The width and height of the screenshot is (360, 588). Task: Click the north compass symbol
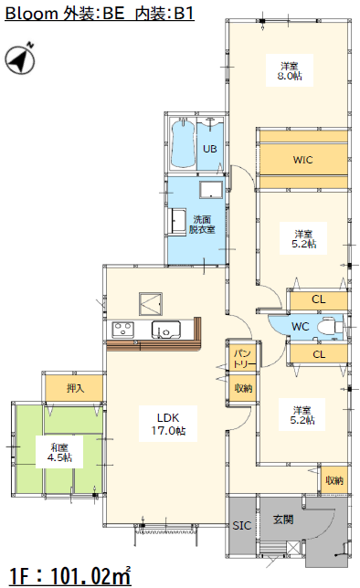(20, 58)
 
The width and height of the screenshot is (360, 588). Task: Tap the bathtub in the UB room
(183, 143)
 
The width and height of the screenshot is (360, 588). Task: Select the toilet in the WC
(329, 327)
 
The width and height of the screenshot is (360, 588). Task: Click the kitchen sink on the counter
(166, 330)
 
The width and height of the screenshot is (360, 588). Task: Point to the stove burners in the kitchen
(122, 330)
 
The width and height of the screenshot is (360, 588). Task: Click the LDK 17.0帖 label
(168, 424)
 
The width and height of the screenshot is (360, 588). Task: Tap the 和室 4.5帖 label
(59, 452)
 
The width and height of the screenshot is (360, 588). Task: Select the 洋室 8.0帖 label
(290, 71)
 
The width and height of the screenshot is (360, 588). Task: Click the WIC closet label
(302, 160)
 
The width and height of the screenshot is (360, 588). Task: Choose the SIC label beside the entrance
(242, 525)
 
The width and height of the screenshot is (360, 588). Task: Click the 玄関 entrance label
(283, 520)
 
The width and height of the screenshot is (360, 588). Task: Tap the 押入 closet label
(75, 388)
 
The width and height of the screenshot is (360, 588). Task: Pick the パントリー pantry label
(243, 359)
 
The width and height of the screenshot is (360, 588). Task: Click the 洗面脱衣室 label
(202, 225)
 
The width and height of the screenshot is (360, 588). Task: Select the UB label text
(210, 149)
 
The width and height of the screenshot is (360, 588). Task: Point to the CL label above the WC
(318, 299)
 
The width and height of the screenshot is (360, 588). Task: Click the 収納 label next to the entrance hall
(334, 480)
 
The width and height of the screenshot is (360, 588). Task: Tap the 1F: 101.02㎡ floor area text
(70, 575)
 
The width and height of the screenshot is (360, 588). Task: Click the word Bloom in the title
(31, 14)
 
